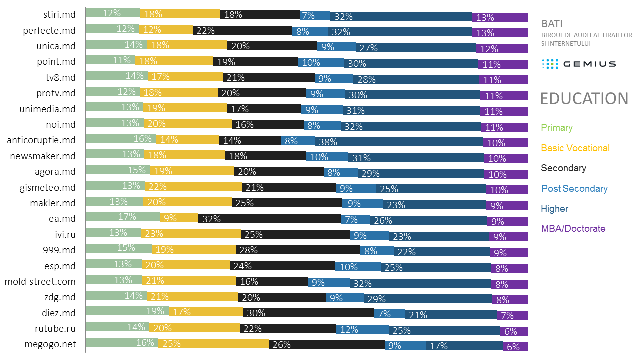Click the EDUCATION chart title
(584, 99)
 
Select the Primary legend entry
(557, 128)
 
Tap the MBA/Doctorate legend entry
(573, 229)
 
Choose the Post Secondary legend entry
(574, 189)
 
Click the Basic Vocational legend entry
(575, 148)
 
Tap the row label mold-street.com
(40, 281)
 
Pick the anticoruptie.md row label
(41, 140)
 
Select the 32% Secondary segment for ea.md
(270, 218)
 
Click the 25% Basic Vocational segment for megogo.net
(214, 343)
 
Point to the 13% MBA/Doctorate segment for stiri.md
(500, 17)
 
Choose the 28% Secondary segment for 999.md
(298, 250)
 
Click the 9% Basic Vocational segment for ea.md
(179, 218)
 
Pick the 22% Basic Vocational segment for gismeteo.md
(193, 187)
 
